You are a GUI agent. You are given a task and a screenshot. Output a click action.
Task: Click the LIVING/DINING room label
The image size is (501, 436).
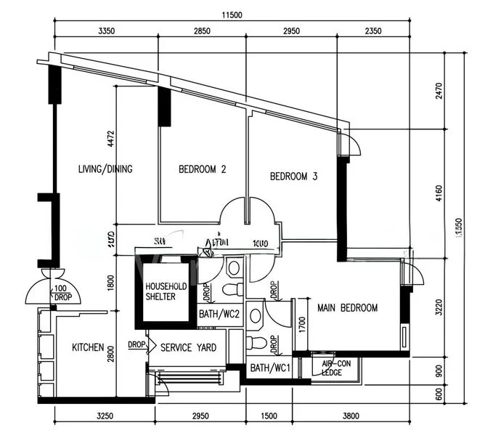click(105, 169)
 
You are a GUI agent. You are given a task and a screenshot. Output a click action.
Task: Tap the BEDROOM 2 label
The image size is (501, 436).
click(203, 169)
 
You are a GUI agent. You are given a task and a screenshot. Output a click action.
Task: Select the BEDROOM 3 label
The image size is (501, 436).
click(293, 176)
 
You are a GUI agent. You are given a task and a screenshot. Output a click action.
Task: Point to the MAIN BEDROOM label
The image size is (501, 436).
click(347, 307)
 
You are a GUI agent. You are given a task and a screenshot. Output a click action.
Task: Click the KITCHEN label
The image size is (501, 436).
click(88, 348)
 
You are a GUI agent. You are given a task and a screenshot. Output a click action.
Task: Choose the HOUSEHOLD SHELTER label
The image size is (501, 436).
click(166, 291)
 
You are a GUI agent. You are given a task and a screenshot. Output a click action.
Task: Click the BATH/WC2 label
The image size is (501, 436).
click(219, 314)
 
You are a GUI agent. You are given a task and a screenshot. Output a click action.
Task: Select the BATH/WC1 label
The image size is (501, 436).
click(270, 368)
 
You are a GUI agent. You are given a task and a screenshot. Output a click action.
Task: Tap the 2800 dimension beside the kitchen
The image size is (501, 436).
click(111, 354)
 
